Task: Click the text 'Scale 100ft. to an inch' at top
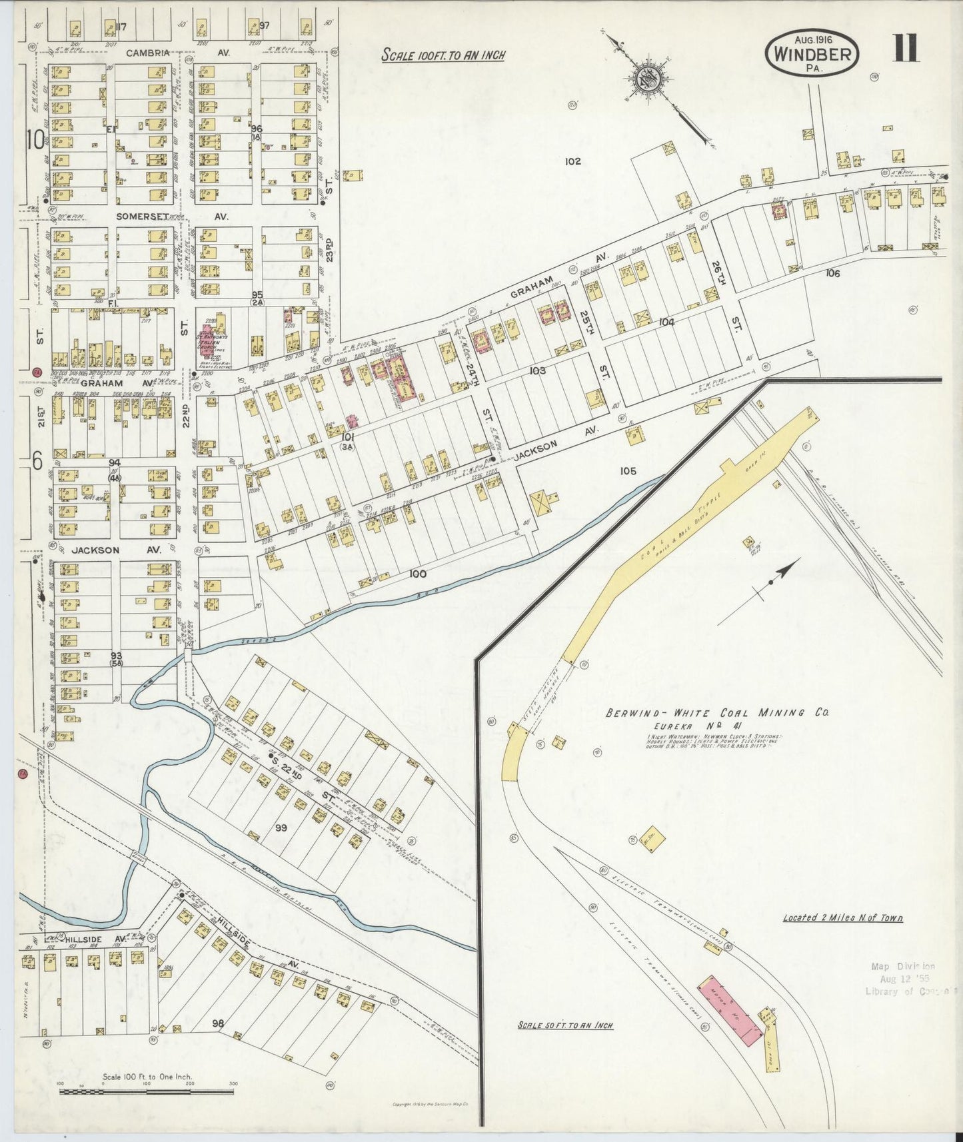coord(443,55)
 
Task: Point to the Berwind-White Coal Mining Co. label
coord(717,713)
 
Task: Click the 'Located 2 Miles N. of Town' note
coord(842,917)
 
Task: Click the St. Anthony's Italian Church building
coord(208,341)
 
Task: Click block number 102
coord(572,161)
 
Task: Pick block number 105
coord(628,471)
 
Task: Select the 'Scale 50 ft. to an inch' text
coord(565,1025)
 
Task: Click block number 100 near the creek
coord(418,574)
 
